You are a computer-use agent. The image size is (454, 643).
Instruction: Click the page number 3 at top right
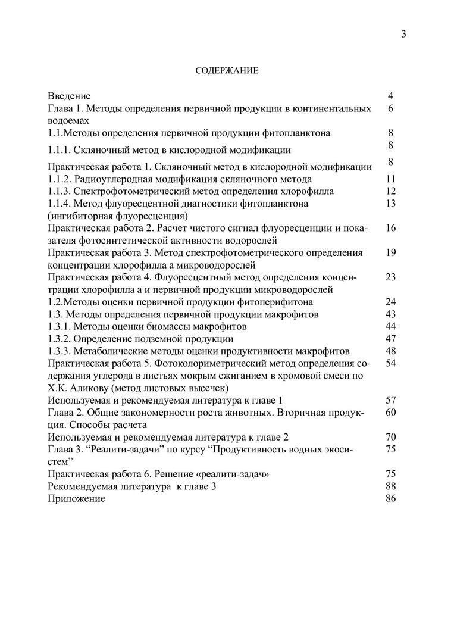click(x=403, y=34)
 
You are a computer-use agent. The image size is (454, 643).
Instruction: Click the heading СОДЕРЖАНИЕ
click(x=227, y=71)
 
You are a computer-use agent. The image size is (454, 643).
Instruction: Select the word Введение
click(x=69, y=96)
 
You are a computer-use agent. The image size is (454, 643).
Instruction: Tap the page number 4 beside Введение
click(x=391, y=96)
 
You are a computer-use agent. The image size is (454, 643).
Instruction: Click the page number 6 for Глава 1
click(x=391, y=108)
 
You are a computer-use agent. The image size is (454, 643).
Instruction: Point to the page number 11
click(x=391, y=179)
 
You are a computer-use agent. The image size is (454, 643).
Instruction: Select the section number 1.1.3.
click(x=60, y=191)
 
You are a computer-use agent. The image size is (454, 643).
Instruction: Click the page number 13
click(x=391, y=203)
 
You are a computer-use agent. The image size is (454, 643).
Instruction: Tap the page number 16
click(x=391, y=228)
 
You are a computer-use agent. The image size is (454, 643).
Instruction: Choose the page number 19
click(x=391, y=252)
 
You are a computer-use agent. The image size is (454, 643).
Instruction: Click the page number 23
click(x=391, y=277)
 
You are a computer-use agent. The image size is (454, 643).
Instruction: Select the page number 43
click(x=391, y=314)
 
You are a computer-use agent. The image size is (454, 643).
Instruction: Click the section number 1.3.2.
click(x=60, y=339)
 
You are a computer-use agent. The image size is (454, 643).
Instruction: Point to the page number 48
click(x=391, y=351)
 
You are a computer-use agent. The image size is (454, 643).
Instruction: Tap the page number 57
click(x=391, y=400)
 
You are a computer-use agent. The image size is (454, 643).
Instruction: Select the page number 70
click(x=391, y=437)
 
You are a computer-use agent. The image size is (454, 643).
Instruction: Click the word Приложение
click(x=76, y=498)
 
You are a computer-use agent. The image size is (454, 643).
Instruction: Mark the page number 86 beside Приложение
click(x=391, y=498)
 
